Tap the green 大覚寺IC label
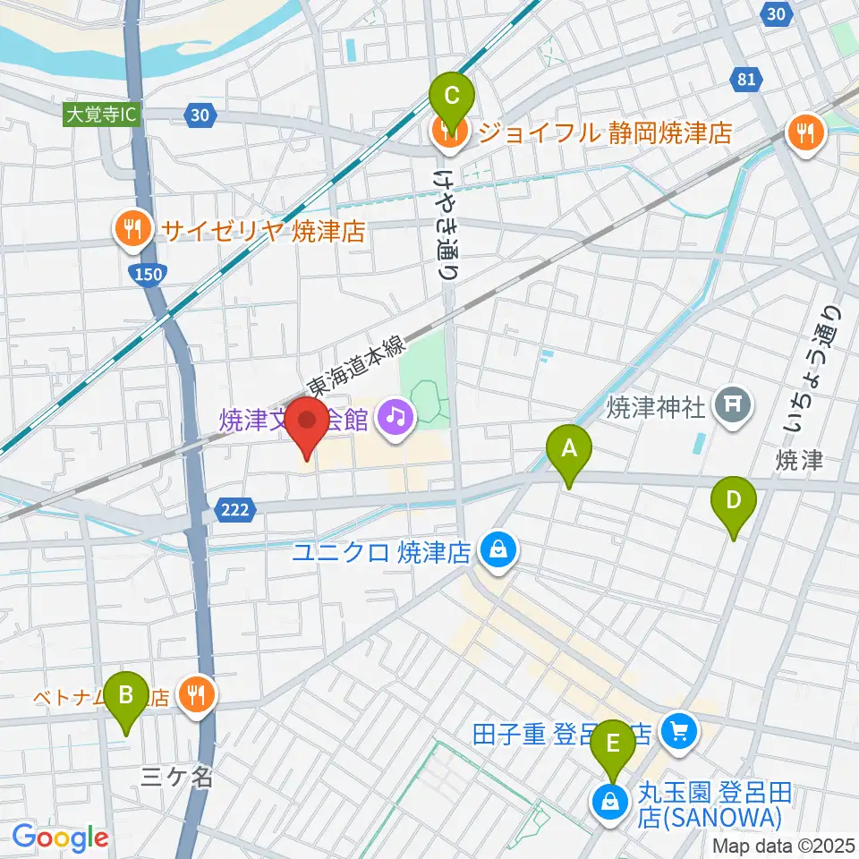(x=102, y=115)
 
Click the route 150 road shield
(x=150, y=274)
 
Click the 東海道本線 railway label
(x=357, y=360)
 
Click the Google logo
(x=60, y=838)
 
